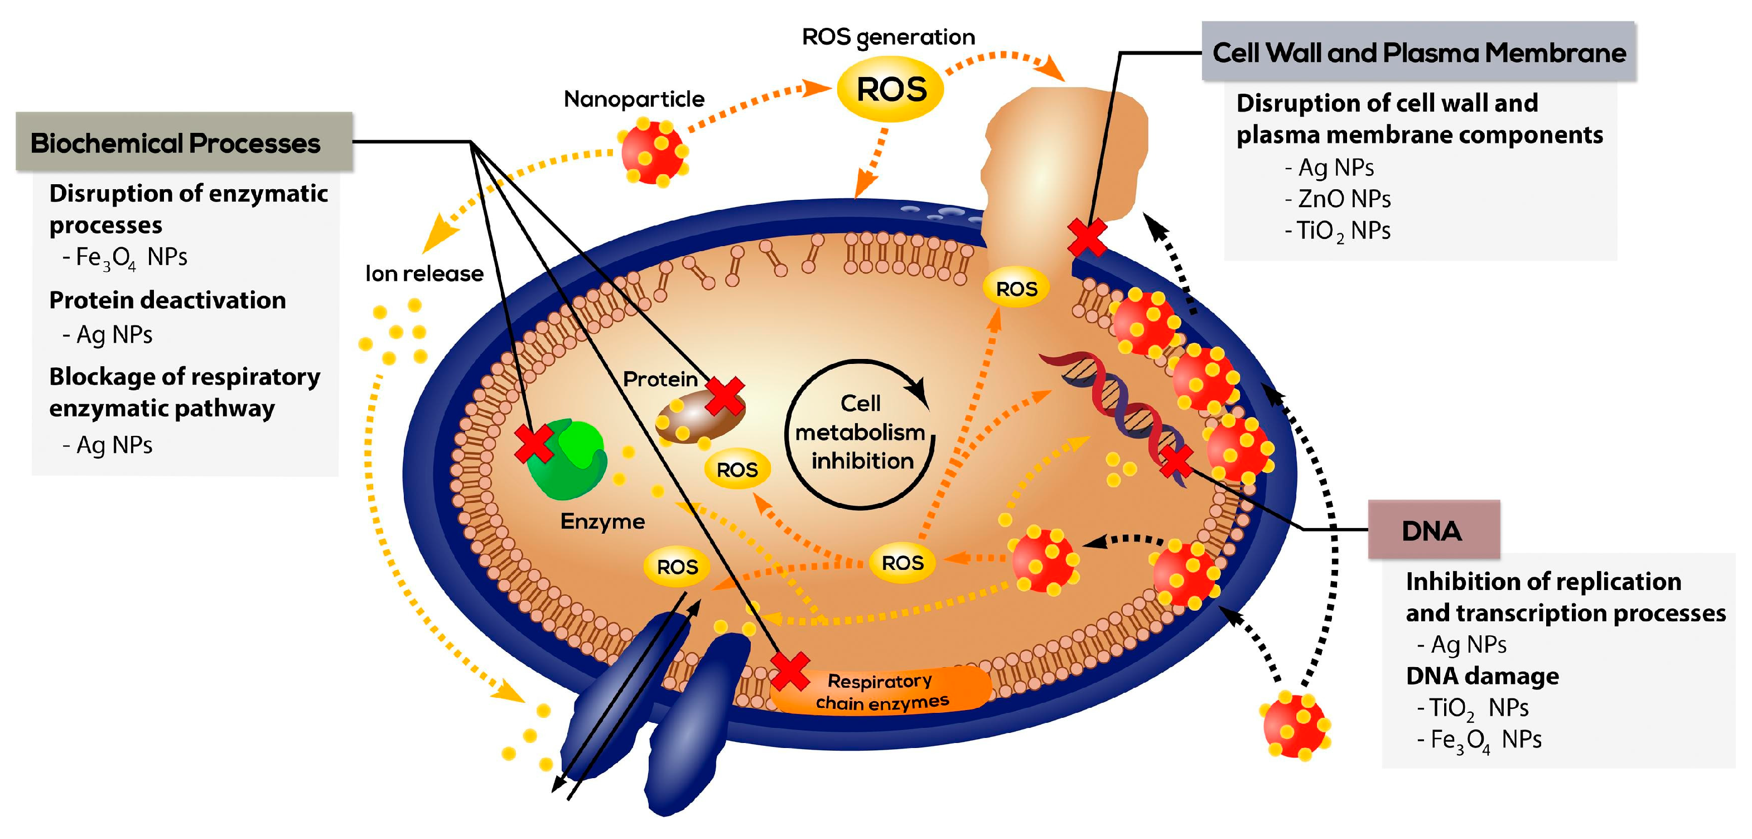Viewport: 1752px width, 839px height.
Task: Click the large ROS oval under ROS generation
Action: coord(890,90)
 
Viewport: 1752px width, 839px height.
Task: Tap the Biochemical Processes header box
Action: coord(184,142)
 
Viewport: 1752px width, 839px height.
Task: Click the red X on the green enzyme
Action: coord(534,444)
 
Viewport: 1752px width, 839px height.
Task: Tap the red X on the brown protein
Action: coord(725,397)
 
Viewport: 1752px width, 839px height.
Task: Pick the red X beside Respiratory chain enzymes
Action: coord(790,671)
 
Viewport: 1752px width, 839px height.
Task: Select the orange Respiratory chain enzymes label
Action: coord(881,691)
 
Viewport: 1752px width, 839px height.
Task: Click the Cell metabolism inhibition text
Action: coord(861,432)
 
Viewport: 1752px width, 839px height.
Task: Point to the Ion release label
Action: coord(424,274)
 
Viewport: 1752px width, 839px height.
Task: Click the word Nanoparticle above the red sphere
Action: coord(634,99)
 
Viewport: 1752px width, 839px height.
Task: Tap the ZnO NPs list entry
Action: coord(1338,199)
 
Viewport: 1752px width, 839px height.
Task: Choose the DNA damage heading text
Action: coord(1483,675)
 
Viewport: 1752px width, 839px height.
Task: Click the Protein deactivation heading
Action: coord(167,300)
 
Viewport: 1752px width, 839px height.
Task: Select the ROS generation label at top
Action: coord(888,37)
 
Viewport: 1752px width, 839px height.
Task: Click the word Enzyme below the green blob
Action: coord(602,522)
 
